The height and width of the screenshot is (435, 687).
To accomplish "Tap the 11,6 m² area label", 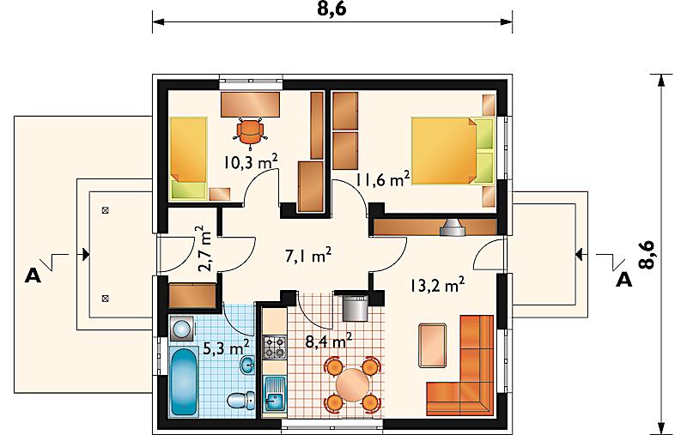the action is click(382, 179).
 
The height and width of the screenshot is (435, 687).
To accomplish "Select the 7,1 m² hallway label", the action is click(308, 256).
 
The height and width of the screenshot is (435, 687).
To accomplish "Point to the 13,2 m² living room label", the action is click(437, 285).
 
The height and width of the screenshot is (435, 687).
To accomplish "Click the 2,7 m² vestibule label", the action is click(204, 249).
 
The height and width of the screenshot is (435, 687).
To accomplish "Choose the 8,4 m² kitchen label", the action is click(329, 341).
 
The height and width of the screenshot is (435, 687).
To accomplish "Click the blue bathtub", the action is click(184, 382).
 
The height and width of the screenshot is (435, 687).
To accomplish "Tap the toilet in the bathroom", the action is click(241, 401).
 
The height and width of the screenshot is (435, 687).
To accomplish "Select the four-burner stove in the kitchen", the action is click(274, 346).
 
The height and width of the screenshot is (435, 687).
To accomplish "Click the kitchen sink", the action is click(275, 395).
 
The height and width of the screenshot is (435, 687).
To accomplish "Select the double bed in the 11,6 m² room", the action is click(453, 150).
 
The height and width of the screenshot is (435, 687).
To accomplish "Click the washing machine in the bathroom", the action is click(180, 329).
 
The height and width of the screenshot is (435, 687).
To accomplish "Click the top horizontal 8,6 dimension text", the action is click(332, 9).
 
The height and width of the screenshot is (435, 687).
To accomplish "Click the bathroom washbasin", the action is click(248, 365).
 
